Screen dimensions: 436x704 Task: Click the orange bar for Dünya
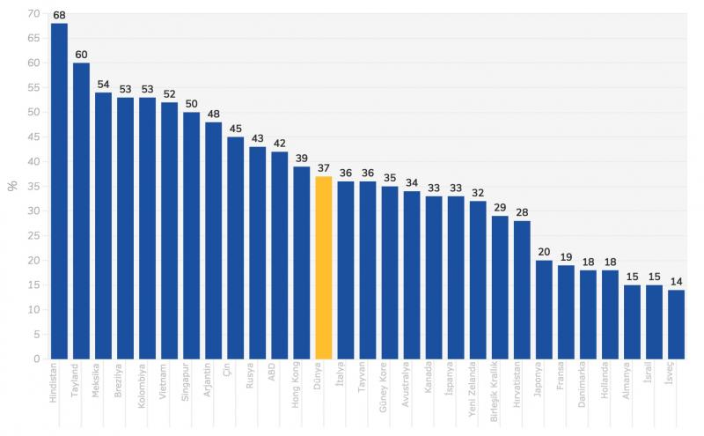coord(323,268)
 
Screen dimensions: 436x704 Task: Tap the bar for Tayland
coord(81,211)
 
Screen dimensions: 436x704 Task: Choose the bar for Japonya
coord(543,309)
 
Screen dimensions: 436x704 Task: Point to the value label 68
coord(59,15)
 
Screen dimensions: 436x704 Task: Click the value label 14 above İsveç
coord(675,282)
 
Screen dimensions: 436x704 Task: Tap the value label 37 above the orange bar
coord(323,168)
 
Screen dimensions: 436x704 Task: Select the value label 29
coord(499,208)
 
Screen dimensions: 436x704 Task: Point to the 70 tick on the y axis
coord(33,13)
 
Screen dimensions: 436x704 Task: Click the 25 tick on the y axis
coord(33,235)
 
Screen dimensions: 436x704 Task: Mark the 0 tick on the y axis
coord(36,358)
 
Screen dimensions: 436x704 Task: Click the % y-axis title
coord(12,186)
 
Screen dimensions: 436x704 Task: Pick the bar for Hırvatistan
coord(521,290)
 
